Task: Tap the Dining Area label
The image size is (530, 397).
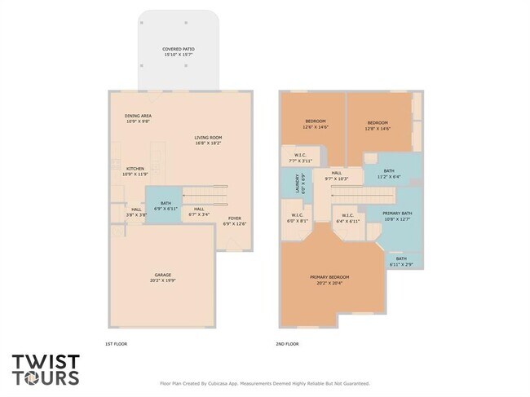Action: coord(138,118)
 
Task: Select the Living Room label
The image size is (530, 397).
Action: coord(208,140)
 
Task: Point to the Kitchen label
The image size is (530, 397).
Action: coord(135,171)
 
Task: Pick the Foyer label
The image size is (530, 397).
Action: coord(235,220)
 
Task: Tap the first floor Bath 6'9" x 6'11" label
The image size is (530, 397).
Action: coord(166,205)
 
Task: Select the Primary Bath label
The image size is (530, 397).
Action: coord(396,215)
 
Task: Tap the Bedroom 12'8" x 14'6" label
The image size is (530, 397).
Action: coord(378,125)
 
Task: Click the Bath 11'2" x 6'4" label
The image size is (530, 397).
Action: coord(390,173)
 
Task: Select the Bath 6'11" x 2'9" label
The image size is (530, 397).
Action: coord(401,261)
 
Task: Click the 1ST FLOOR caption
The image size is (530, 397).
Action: coord(117,343)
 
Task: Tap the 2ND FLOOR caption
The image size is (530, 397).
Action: coord(287,343)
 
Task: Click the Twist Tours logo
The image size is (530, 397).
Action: coord(46,369)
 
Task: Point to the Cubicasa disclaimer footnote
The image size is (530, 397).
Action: coord(263,382)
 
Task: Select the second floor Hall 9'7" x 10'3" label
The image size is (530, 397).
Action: coord(337,177)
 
